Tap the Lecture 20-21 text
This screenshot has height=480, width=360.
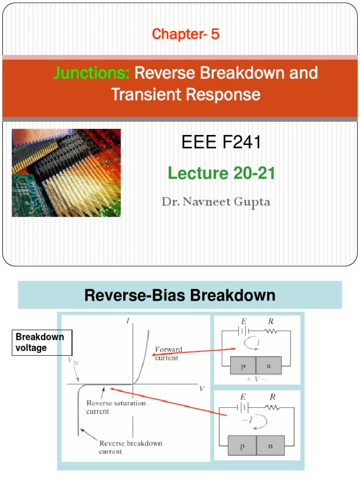pyautogui.click(x=221, y=174)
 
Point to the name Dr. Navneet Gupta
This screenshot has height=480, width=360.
pyautogui.click(x=216, y=202)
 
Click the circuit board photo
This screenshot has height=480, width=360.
pyautogui.click(x=66, y=172)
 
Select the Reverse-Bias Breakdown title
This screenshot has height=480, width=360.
pyautogui.click(x=180, y=295)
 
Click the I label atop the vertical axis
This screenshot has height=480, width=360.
pyautogui.click(x=127, y=321)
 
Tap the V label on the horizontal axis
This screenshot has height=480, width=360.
pyautogui.click(x=202, y=388)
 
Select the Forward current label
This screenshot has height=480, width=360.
pyautogui.click(x=169, y=353)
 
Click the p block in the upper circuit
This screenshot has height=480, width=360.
pyautogui.click(x=243, y=364)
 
